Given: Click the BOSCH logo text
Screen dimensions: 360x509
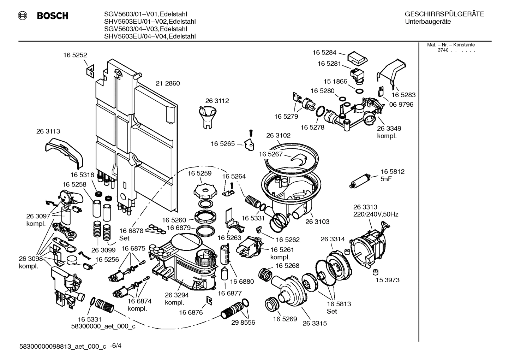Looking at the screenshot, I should (52, 16).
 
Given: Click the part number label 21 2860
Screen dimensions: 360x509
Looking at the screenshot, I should (168, 83).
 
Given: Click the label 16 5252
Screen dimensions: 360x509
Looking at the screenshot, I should (75, 55).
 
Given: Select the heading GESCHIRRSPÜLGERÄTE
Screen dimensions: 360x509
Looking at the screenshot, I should (444, 14).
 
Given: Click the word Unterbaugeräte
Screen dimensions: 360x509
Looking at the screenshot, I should (427, 22).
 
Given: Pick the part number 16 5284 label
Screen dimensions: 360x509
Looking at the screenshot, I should (324, 52).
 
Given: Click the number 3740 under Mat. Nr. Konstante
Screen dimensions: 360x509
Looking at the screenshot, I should (443, 50).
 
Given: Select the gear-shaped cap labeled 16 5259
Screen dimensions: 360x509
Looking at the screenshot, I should (204, 191).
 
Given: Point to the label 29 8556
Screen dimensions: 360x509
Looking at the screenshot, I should (243, 323).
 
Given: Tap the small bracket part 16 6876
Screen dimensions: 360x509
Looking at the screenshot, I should (209, 301).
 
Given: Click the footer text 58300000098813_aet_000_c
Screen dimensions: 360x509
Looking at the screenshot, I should (64, 347).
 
